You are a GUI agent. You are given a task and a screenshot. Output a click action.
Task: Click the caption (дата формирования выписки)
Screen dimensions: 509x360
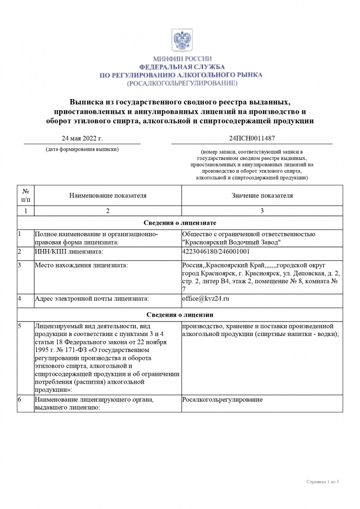tap(82, 149)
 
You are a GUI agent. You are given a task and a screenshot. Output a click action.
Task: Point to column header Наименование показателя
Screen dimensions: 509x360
tap(107, 196)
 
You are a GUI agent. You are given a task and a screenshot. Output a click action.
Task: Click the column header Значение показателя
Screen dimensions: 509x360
tap(262, 196)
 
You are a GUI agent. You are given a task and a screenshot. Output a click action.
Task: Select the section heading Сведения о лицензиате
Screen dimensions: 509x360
tap(180, 223)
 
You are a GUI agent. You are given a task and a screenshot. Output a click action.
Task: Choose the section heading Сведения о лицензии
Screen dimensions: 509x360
tap(180, 315)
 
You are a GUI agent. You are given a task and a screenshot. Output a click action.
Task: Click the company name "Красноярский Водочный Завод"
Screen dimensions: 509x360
tap(232, 242)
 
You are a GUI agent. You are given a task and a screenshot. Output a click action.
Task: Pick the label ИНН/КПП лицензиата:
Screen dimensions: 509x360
tap(69, 252)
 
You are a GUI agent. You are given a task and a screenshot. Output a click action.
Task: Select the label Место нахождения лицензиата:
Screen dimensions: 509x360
tap(81, 265)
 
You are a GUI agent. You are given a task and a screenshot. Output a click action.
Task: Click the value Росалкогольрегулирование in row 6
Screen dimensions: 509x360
tap(222, 400)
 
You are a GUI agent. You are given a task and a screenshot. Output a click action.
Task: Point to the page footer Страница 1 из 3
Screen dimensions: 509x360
tap(322, 482)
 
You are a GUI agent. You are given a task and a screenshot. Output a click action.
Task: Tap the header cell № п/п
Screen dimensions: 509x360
tap(25, 196)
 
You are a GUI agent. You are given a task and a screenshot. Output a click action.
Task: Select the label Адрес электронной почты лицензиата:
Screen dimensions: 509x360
tap(92, 299)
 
